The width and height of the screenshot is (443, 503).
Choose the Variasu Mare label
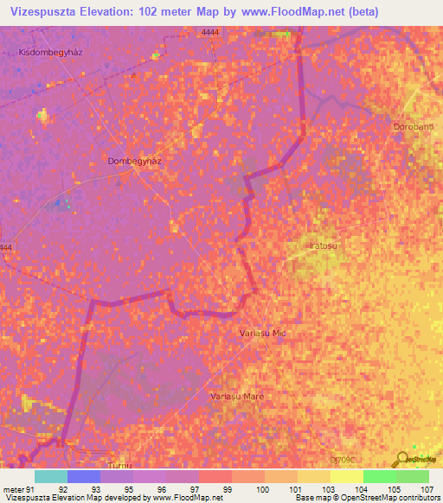pos(237,396)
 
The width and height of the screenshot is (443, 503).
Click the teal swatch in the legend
pos(50,476)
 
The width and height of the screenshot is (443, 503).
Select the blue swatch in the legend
pos(83,476)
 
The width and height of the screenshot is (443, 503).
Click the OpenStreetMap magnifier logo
pos(400,459)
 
